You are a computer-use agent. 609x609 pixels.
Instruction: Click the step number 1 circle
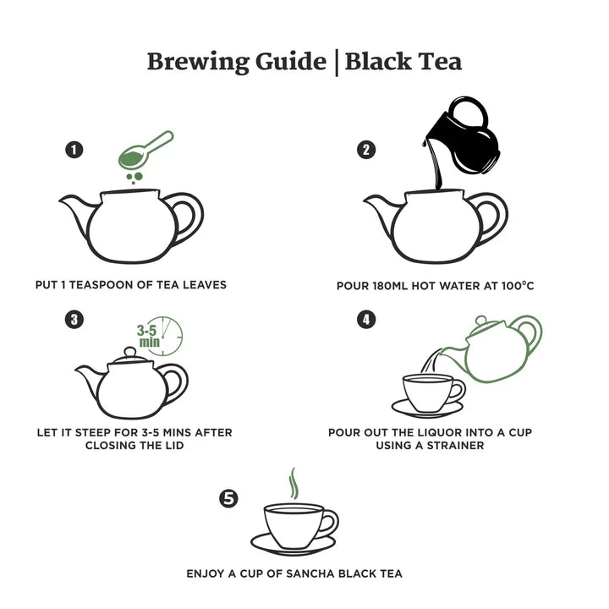[x=74, y=150]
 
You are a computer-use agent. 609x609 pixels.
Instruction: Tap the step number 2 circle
[x=366, y=150]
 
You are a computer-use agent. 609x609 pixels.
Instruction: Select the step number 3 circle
[x=74, y=319]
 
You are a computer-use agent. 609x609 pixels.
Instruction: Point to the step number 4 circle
[x=366, y=319]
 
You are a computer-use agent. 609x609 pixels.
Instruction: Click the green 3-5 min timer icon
[x=164, y=335]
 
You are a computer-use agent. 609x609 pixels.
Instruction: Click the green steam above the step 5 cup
[x=293, y=484]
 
